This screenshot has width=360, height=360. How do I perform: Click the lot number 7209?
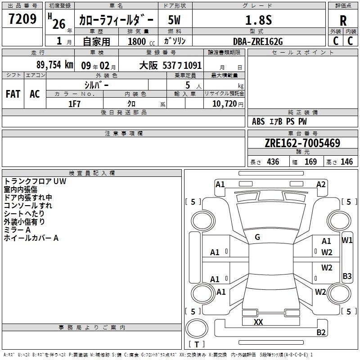pos(22,18)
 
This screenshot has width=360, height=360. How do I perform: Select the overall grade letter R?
pos(343,21)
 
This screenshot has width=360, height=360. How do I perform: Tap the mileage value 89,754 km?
pos(54,65)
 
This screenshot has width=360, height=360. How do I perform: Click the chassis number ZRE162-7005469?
pos(302,143)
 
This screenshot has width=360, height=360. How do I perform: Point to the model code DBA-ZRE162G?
pos(258,41)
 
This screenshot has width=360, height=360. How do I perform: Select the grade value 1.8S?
pos(258,20)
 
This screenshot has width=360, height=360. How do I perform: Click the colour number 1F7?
pos(74,104)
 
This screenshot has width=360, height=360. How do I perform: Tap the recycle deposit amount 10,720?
pos(225,104)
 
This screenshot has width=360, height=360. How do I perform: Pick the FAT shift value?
pos(13,94)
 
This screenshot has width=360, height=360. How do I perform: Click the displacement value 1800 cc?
pos(141,42)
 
